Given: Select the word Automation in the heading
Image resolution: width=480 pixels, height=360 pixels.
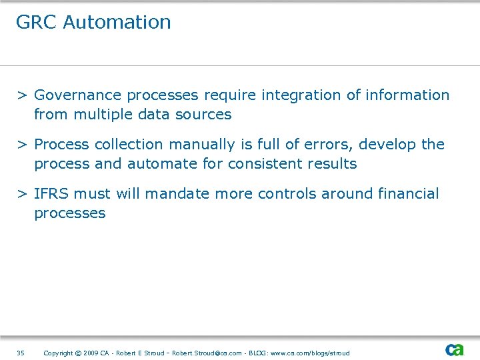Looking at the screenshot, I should pyautogui.click(x=117, y=22).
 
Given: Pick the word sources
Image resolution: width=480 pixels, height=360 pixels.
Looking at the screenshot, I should pyautogui.click(x=203, y=115).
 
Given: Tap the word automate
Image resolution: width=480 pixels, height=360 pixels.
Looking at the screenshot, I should pyautogui.click(x=160, y=164).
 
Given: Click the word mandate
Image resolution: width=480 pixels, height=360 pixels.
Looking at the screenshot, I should pyautogui.click(x=173, y=194).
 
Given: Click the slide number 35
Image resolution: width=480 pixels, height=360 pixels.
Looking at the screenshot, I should pyautogui.click(x=20, y=353).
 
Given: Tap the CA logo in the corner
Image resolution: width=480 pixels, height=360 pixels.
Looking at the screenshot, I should pyautogui.click(x=455, y=349).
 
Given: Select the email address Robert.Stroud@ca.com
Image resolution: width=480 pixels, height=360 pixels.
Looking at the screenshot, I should pyautogui.click(x=207, y=353).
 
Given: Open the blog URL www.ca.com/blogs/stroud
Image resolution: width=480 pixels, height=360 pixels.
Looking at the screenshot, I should pyautogui.click(x=309, y=353).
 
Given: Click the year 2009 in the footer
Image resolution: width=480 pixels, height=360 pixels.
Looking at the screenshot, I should pyautogui.click(x=91, y=353).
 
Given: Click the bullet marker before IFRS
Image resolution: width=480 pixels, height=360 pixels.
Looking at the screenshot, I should pyautogui.click(x=22, y=194).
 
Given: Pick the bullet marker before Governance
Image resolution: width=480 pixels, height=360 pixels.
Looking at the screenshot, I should pyautogui.click(x=22, y=95).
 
